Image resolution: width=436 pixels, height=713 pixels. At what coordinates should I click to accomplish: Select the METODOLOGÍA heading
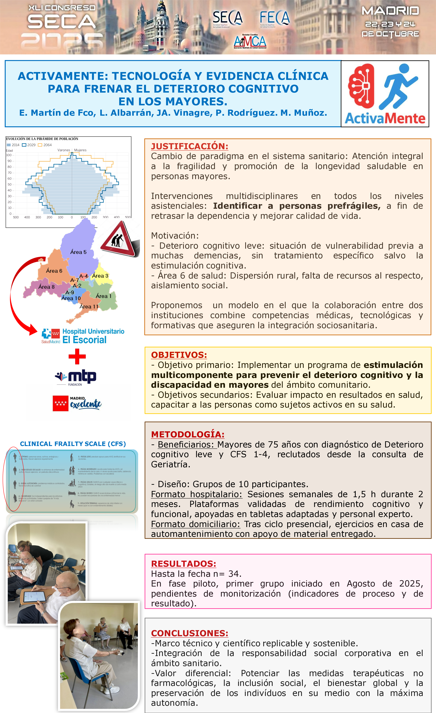pos(188,434)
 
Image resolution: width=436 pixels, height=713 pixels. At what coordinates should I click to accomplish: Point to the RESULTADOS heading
pos(183,564)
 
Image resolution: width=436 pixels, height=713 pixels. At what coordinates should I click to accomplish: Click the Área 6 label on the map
pos(54,271)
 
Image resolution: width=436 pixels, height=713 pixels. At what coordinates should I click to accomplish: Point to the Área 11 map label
pos(89,307)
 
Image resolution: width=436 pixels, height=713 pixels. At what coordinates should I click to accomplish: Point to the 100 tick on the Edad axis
pos(9,155)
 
